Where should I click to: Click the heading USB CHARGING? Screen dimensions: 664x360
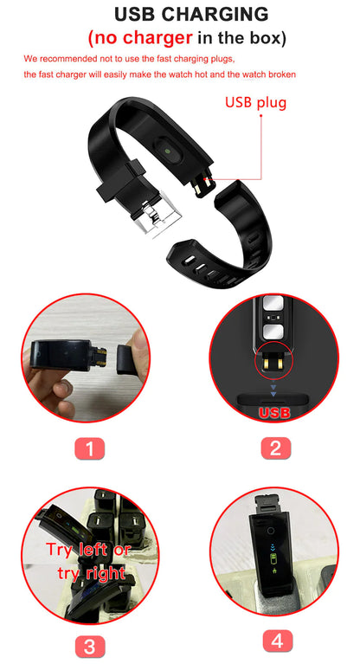pyautogui.click(x=179, y=15)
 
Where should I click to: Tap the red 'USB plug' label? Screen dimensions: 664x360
pyautogui.click(x=255, y=102)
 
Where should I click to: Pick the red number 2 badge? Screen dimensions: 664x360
pyautogui.click(x=274, y=448)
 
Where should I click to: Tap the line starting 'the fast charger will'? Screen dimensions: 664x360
pyautogui.click(x=160, y=74)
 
